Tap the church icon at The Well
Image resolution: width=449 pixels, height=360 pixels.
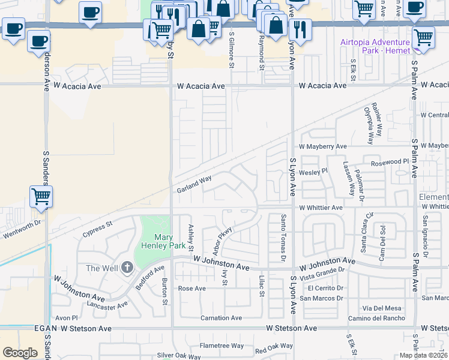[x=127, y=268]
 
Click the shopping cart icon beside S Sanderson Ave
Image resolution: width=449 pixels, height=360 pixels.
[x=41, y=196]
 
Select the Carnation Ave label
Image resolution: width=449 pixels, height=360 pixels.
[x=221, y=318]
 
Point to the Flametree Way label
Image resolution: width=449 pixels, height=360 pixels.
[x=221, y=346]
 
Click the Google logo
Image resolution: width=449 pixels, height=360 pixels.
[x=20, y=353]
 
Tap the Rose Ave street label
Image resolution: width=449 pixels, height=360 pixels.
[x=192, y=288]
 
